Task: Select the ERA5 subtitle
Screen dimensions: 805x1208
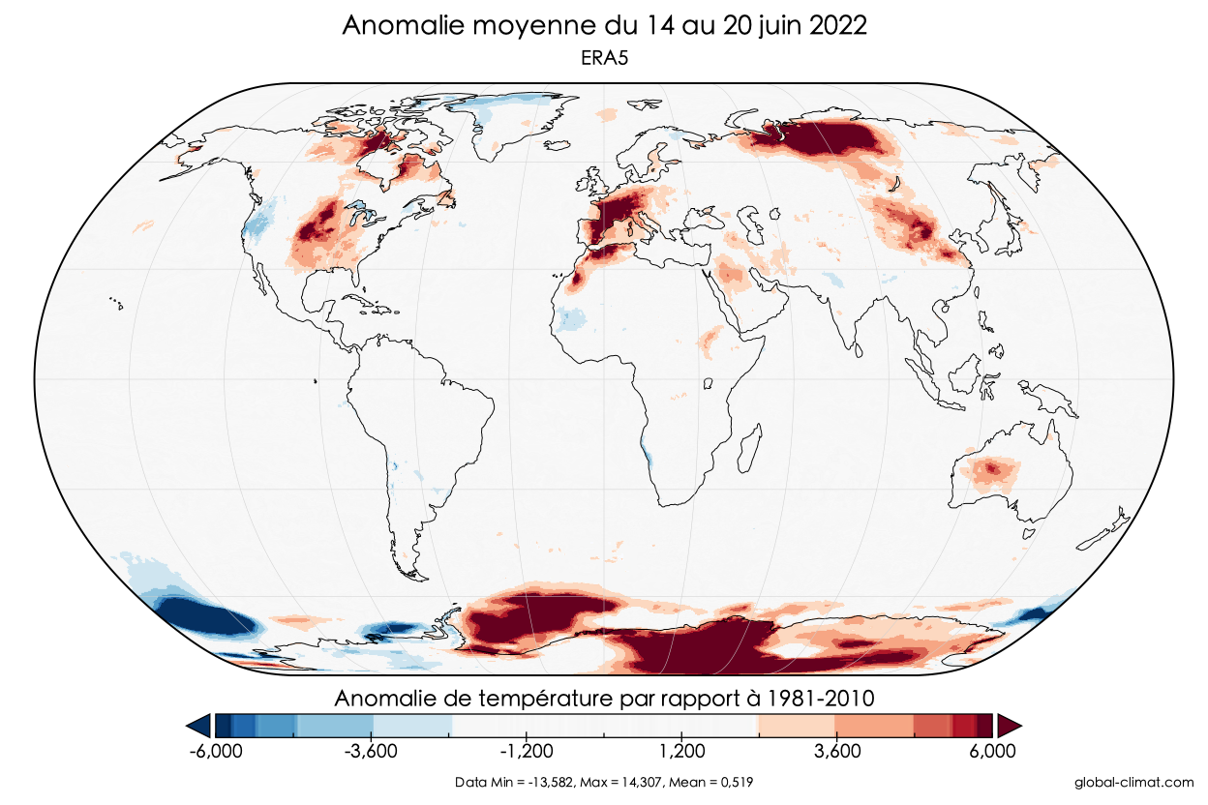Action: click(604, 59)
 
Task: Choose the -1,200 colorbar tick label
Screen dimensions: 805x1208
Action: click(528, 751)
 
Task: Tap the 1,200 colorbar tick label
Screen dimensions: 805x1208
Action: click(682, 751)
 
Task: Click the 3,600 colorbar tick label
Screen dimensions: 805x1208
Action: click(837, 751)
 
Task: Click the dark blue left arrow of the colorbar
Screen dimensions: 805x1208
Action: click(200, 725)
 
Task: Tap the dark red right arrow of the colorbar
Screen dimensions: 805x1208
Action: click(1010, 725)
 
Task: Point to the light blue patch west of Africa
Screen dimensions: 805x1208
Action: click(572, 316)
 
